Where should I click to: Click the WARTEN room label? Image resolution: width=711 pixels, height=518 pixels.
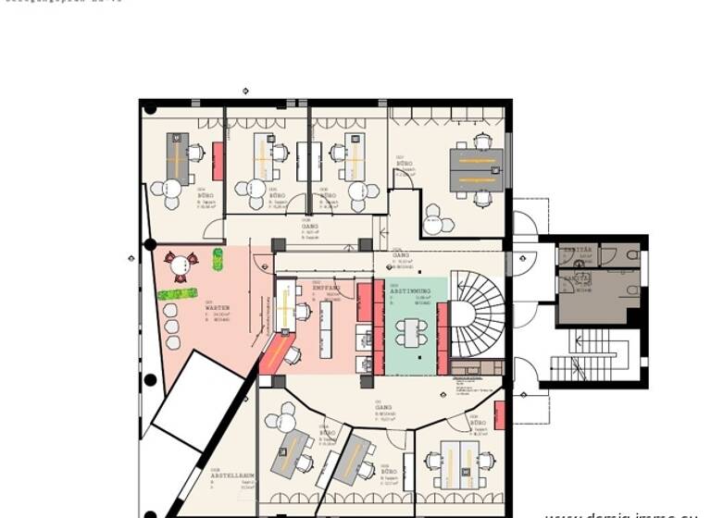click(218, 307)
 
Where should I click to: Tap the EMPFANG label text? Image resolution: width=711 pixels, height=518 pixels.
click(326, 289)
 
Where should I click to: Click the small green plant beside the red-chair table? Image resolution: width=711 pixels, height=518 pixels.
click(218, 259)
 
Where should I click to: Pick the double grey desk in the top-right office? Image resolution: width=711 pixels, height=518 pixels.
click(476, 169)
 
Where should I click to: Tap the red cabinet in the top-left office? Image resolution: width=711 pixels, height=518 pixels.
click(218, 161)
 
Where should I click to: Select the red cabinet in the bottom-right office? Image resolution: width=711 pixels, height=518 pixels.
click(500, 415)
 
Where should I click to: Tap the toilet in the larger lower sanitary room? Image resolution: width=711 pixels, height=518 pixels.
click(631, 290)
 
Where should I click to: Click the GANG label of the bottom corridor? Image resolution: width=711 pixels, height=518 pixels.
click(382, 406)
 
